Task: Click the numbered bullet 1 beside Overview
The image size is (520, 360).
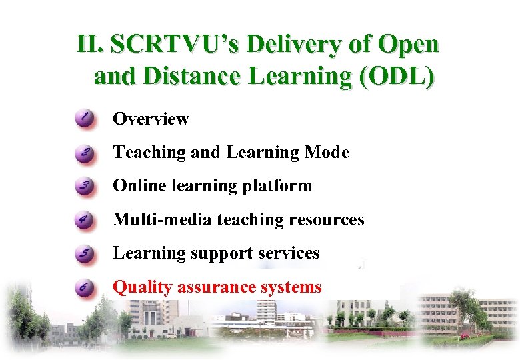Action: point(85,119)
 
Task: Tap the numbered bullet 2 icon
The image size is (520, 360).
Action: point(85,153)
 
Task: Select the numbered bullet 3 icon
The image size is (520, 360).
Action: point(85,187)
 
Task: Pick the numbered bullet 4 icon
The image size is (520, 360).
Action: point(85,220)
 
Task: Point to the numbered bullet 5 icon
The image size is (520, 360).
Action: point(85,254)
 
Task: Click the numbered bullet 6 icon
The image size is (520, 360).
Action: point(85,288)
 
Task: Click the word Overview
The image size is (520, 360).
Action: point(151,119)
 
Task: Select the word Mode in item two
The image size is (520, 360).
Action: point(327,153)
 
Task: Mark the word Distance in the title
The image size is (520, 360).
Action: point(181,76)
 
